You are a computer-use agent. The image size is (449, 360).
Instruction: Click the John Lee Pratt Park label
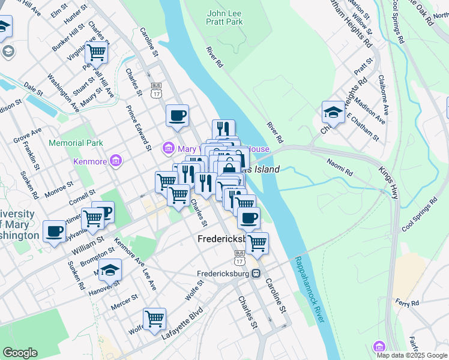(x=225, y=17)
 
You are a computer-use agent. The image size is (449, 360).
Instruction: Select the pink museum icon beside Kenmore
(x=116, y=161)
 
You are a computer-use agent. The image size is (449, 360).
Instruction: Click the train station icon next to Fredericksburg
(x=256, y=274)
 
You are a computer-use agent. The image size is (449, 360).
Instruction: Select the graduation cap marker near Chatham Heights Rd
(x=333, y=112)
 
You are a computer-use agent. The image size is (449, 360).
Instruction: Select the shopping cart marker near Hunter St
(x=96, y=52)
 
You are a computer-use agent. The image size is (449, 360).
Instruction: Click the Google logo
(x=20, y=353)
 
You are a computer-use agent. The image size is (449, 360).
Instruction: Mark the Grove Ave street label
(x=27, y=135)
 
